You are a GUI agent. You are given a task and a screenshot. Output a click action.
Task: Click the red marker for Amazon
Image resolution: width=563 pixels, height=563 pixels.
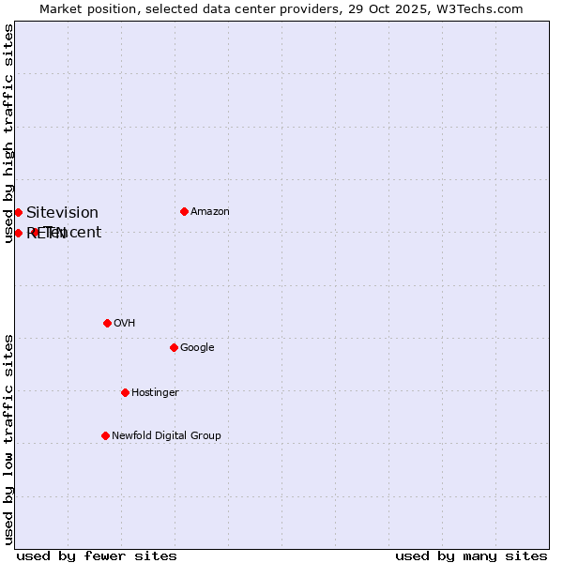point(184,211)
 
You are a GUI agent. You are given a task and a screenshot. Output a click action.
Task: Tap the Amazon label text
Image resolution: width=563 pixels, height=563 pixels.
point(210,212)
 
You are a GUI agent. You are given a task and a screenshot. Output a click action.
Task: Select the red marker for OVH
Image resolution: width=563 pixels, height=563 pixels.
point(107,323)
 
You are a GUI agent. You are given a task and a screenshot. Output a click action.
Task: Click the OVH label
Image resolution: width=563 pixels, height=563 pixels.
point(125,324)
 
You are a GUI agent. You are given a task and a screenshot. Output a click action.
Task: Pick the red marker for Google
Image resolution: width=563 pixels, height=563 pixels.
point(174,347)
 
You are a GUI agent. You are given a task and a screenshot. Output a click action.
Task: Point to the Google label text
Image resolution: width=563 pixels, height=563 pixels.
point(197,348)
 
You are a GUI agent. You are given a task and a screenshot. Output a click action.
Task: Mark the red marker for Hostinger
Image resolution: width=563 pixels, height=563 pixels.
point(125,392)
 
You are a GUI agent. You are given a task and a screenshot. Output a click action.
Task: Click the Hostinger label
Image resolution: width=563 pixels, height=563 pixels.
point(155,393)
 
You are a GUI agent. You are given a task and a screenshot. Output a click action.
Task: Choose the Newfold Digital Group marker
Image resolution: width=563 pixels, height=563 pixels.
point(105,435)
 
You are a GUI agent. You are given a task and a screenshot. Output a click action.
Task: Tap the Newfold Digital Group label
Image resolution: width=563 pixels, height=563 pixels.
point(166,436)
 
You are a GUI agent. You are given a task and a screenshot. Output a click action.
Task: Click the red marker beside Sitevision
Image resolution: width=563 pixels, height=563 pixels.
point(18,212)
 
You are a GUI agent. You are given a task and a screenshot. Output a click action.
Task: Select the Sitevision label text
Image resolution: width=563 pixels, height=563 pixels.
point(62,213)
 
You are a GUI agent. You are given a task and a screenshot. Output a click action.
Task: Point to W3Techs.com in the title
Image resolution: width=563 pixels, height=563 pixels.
point(480,9)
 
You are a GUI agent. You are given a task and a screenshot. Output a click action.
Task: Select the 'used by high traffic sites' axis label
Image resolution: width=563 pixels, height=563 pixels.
point(9,133)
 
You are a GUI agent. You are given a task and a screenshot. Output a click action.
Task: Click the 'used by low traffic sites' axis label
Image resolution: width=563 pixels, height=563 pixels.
point(9,439)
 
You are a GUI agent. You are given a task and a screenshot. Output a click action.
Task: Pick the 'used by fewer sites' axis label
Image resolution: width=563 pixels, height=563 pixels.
point(97,556)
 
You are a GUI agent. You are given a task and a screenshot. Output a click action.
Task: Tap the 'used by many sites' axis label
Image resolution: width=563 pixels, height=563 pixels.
point(471,556)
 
